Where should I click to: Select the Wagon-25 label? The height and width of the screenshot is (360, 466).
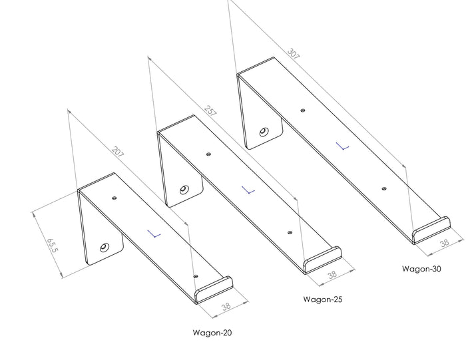322,299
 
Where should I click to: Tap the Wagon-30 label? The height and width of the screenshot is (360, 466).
421,269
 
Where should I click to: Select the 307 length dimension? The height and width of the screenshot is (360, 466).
294,54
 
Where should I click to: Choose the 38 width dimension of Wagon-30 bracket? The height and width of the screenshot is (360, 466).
443,245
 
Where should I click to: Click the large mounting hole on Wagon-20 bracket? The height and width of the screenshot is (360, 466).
105,248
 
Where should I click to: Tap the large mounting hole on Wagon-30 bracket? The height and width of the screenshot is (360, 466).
264,132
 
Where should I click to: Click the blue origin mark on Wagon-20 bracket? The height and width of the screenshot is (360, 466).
155,234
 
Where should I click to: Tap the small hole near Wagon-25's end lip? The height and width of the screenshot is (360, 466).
290,232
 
